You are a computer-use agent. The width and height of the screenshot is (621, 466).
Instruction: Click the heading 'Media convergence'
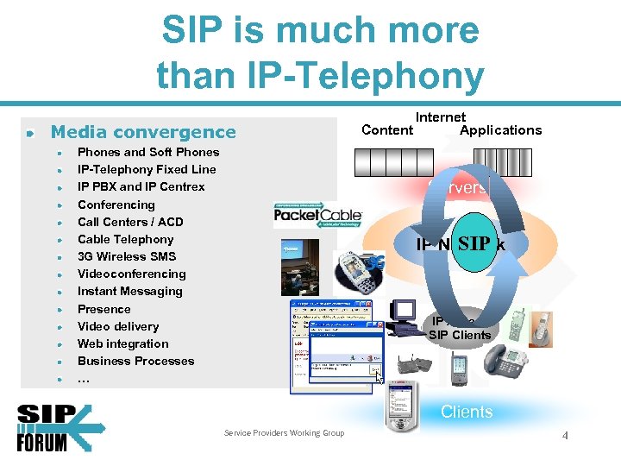click(x=143, y=132)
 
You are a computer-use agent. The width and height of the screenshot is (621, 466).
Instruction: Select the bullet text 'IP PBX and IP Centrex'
click(x=141, y=186)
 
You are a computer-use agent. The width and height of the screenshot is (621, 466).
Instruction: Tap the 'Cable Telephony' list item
click(x=125, y=239)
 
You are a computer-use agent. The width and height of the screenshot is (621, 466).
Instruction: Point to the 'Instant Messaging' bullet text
click(x=129, y=291)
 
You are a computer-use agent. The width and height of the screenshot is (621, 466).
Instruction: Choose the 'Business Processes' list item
click(x=135, y=361)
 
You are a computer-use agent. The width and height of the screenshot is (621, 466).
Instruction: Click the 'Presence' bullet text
click(x=103, y=309)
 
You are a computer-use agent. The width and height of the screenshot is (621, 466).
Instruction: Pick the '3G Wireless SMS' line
click(x=126, y=256)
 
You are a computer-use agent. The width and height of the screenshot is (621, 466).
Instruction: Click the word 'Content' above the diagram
click(x=387, y=130)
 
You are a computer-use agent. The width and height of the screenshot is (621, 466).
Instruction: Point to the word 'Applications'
click(x=500, y=130)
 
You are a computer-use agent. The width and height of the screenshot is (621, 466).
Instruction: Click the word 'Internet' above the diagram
click(x=441, y=116)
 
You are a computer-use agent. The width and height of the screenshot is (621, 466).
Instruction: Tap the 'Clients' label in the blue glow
click(x=467, y=412)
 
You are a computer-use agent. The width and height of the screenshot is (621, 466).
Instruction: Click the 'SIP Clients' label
click(x=460, y=335)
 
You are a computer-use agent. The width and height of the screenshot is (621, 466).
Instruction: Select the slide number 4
click(x=565, y=436)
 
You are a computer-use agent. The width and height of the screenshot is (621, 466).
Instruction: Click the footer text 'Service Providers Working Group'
click(x=284, y=433)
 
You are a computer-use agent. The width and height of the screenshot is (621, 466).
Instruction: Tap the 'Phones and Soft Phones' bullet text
click(x=147, y=152)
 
